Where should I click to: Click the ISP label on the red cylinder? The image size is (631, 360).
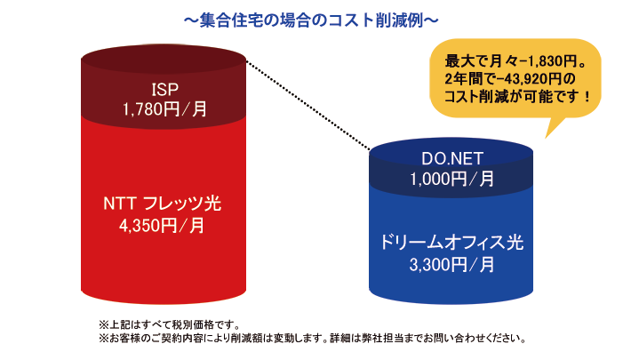point(165,90)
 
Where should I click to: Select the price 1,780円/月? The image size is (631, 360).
point(164,109)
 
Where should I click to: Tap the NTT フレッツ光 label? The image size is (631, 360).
point(162,204)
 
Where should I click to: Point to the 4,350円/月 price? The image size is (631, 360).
point(162,226)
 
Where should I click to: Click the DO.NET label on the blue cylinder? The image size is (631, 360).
point(452,158)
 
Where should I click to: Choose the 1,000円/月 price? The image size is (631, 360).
point(452,179)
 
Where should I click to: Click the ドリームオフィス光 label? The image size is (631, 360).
point(451,243)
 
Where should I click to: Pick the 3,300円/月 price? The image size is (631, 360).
point(451,265)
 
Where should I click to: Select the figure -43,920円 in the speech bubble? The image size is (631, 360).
point(528,78)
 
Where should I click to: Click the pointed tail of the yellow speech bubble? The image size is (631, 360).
point(546,138)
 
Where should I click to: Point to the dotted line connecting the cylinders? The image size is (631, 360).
point(308,106)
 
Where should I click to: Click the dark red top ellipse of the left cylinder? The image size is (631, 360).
point(164,60)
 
